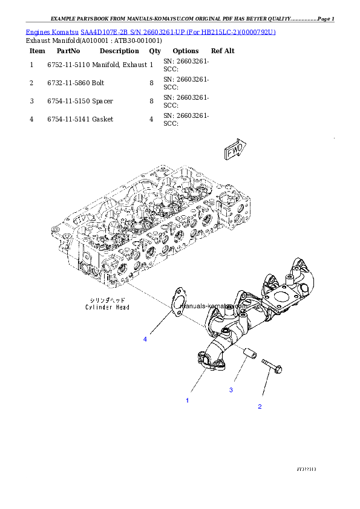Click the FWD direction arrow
[234, 151]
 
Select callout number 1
[187, 400]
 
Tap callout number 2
[260, 406]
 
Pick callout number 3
[231, 390]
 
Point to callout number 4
[145, 339]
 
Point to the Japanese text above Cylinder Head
[107, 300]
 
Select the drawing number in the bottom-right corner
[306, 468]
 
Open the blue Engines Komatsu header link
[151, 31]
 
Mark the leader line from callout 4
[159, 324]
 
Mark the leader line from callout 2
[266, 387]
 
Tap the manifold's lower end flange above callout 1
[208, 361]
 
